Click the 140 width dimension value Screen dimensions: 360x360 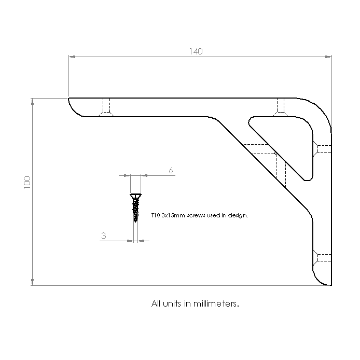[x=196, y=51]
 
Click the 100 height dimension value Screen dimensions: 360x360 [x=27, y=183]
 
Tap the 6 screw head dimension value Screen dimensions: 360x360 [x=171, y=170]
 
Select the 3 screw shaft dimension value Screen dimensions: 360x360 [x=104, y=236]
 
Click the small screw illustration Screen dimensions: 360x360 [x=135, y=208]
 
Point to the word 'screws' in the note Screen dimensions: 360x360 [x=196, y=216]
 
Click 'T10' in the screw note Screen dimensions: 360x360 [x=156, y=215]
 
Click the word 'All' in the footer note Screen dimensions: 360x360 [x=156, y=304]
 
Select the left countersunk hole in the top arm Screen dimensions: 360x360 [x=106, y=107]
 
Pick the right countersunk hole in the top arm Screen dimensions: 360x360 [x=280, y=107]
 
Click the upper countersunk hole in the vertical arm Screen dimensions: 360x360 [x=322, y=149]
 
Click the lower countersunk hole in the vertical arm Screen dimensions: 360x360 [x=322, y=258]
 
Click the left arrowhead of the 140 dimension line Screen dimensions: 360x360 [x=72, y=57]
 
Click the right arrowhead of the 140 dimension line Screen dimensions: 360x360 [x=328, y=57]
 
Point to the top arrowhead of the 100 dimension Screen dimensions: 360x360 [x=32, y=102]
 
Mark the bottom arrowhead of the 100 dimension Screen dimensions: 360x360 [x=32, y=282]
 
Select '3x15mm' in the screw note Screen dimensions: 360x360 [x=173, y=215]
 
